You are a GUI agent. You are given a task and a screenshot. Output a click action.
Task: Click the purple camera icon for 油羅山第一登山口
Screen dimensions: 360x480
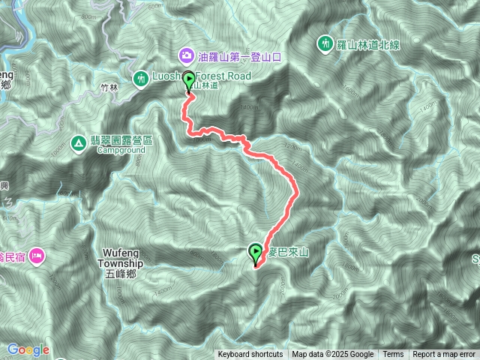pos(185,55)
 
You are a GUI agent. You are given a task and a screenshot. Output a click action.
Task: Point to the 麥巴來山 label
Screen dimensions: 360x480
pos(288,252)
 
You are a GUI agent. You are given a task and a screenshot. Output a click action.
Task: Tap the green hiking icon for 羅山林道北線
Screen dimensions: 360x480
pos(325,43)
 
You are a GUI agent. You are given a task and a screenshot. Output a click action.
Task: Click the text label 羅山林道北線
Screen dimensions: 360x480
pos(368,44)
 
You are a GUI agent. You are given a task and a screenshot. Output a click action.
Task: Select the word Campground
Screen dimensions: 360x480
pos(121,149)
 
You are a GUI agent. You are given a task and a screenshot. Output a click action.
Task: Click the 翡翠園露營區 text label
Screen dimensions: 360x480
pos(121,140)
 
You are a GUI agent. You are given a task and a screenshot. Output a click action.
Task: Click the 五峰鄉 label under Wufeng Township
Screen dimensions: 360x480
pos(120,273)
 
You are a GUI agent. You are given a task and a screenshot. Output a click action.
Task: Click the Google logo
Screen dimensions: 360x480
pos(28,349)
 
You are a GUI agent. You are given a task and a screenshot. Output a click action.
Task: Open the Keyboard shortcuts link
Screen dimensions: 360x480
pos(250,355)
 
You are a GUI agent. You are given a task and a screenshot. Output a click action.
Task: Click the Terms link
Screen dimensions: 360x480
pos(393,355)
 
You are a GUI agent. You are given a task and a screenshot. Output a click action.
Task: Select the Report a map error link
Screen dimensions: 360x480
pos(444,355)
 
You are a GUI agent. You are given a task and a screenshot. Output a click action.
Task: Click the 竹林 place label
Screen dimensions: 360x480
pos(109,87)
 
